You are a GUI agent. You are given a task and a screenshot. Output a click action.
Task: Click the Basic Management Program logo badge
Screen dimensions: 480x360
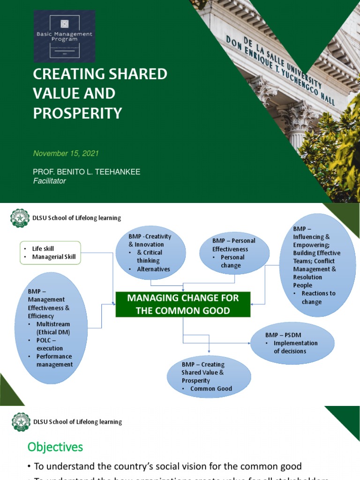pos(64,36)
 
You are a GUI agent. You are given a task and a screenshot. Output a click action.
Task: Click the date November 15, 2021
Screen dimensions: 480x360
pos(66,153)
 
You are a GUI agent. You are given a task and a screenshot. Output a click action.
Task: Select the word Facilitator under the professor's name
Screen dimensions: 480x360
pos(50,181)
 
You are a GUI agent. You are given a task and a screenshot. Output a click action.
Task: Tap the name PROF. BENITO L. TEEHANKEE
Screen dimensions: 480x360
pos(87,172)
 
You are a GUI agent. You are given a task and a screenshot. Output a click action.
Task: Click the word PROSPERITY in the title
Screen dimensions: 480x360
pos(77,113)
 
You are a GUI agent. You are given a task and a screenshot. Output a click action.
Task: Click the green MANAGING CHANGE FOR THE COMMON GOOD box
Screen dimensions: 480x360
pos(183,304)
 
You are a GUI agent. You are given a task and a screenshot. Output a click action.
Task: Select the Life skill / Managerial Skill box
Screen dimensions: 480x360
pos(50,253)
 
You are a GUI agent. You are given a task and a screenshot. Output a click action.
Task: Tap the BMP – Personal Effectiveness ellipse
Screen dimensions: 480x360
pos(234,253)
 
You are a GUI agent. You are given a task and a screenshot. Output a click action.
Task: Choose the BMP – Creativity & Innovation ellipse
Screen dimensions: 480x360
pos(150,253)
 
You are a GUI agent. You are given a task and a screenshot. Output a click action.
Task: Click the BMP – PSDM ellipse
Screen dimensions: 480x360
pos(292,343)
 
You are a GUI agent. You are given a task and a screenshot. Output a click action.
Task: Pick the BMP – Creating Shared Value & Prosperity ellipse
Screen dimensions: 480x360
pos(209,376)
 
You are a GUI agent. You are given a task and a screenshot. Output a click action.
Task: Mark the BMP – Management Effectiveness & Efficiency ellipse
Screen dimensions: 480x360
pos(51,328)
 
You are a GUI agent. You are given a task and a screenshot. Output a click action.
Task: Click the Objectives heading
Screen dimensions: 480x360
pos(55,447)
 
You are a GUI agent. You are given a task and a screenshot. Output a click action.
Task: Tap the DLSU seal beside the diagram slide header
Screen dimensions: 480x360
pos(20,217)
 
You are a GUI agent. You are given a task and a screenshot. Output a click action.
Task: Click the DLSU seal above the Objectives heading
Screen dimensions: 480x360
pos(20,421)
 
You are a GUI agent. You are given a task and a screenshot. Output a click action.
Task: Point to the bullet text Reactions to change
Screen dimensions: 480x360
pos(318,298)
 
